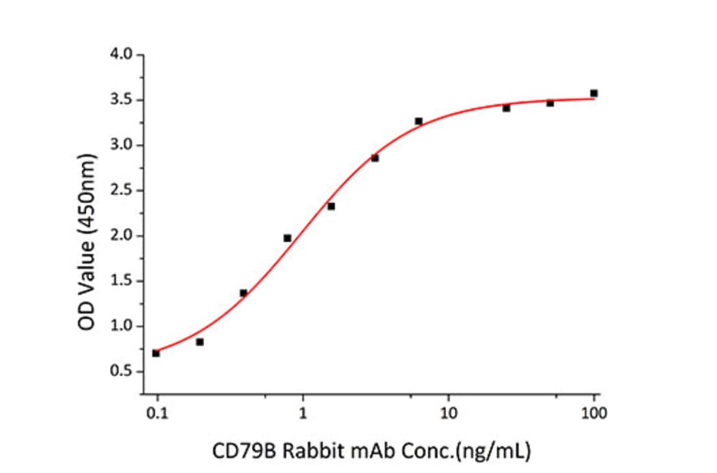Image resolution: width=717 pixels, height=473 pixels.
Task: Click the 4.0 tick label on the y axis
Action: (x=124, y=55)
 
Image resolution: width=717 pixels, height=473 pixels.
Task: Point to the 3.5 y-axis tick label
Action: (x=124, y=100)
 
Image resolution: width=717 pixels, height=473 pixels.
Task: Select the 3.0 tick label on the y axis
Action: (x=124, y=145)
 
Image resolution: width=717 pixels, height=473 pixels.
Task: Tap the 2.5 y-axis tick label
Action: (x=124, y=190)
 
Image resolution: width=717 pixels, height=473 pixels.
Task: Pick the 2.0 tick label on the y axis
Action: (x=124, y=236)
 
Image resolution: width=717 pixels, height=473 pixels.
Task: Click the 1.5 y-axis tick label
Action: (x=124, y=281)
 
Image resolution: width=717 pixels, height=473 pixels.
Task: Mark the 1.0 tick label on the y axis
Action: (x=124, y=326)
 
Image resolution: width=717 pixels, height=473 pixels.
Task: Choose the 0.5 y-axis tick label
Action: (x=124, y=372)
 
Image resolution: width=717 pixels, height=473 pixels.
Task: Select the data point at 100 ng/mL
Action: (x=594, y=93)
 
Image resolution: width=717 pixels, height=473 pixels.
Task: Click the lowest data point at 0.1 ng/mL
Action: (x=156, y=353)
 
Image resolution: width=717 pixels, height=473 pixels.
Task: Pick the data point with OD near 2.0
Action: (x=288, y=238)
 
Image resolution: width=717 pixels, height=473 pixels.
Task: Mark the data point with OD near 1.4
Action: (x=243, y=293)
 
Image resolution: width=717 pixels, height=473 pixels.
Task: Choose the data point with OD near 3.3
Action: (x=418, y=121)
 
